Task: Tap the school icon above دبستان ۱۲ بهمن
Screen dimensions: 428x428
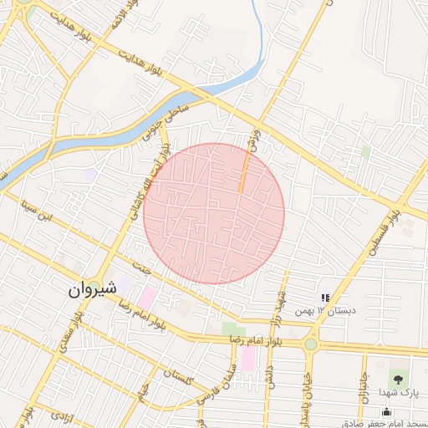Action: click(324, 297)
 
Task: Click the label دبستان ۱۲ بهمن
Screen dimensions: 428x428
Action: click(329, 310)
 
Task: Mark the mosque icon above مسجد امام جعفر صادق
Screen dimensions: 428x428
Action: click(385, 410)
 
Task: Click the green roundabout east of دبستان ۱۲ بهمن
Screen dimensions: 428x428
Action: click(310, 344)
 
